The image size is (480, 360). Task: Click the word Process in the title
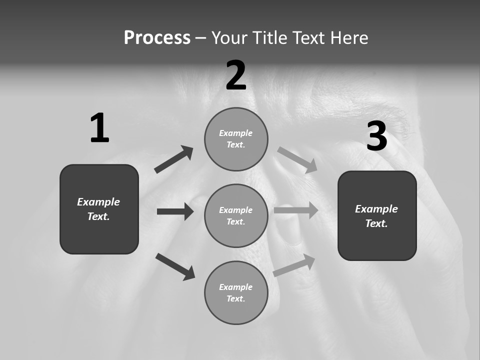157,38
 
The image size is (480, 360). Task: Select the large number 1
99,128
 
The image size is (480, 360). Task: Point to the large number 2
236,76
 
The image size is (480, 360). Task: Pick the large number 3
376,136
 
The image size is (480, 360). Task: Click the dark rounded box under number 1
99,209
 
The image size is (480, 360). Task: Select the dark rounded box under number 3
377,215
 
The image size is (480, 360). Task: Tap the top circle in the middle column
236,139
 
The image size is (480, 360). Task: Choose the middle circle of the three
236,215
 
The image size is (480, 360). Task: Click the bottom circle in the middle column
236,292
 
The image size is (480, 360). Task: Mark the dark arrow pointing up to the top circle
174,159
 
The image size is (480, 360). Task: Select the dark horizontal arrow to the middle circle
175,211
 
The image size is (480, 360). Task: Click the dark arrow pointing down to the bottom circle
175,266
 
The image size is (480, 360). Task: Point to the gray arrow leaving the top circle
297,159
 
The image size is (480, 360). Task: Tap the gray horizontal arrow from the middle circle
296,210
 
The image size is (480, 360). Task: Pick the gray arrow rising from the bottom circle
294,265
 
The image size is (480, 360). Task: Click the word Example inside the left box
98,202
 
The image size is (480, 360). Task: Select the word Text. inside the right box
376,223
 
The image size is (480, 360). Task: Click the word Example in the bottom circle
235,287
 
